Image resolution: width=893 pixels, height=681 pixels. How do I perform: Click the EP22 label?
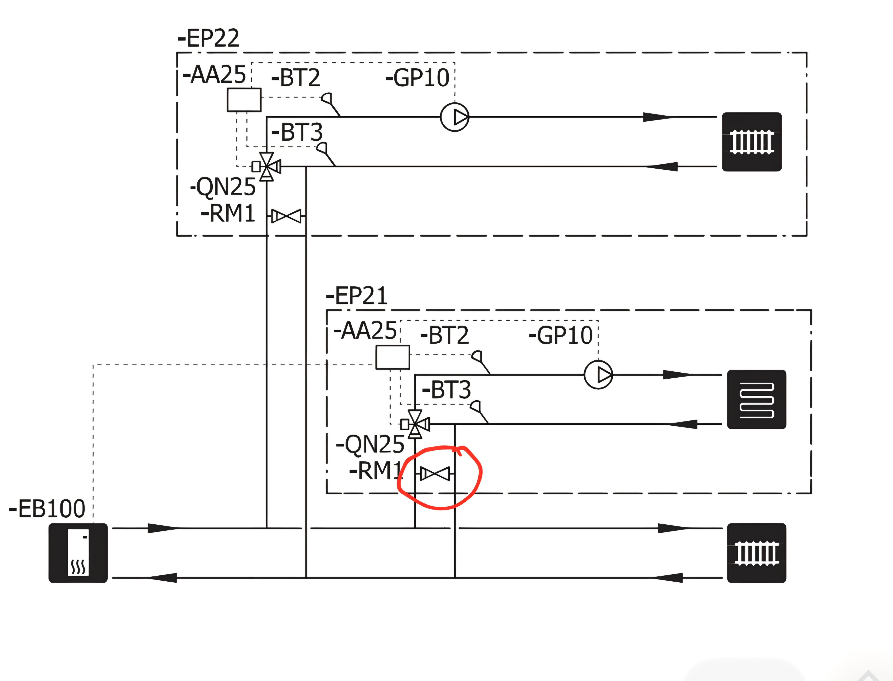209,39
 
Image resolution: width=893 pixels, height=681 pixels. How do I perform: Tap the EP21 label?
357,296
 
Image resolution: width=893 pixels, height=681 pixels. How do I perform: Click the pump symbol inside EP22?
454,117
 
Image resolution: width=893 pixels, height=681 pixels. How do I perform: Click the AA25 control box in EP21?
392,357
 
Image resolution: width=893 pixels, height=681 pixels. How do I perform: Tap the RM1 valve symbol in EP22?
286,216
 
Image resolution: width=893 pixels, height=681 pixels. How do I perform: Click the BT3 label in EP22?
297,132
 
